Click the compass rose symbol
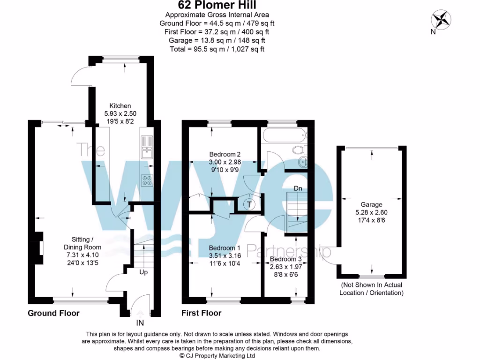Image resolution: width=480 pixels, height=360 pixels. (x=441, y=19)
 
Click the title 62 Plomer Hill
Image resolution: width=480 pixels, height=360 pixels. (x=216, y=5)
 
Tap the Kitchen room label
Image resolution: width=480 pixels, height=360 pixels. (x=120, y=105)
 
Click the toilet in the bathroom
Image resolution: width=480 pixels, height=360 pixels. (x=299, y=150)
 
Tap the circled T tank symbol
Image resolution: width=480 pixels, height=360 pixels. (x=249, y=204)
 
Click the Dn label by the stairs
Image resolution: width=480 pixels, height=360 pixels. (x=298, y=188)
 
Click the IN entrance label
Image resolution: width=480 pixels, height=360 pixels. (x=140, y=323)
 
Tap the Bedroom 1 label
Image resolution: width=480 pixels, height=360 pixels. (x=225, y=248)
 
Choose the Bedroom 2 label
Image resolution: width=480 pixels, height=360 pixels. (x=225, y=154)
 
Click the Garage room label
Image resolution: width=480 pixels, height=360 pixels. (x=371, y=204)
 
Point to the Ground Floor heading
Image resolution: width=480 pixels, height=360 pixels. (x=53, y=313)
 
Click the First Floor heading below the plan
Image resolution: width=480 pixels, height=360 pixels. (x=201, y=313)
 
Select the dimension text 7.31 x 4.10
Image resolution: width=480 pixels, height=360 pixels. (x=82, y=255)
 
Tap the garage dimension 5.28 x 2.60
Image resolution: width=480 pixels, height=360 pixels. (x=371, y=212)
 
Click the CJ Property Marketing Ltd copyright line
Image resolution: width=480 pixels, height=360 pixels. (x=217, y=356)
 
